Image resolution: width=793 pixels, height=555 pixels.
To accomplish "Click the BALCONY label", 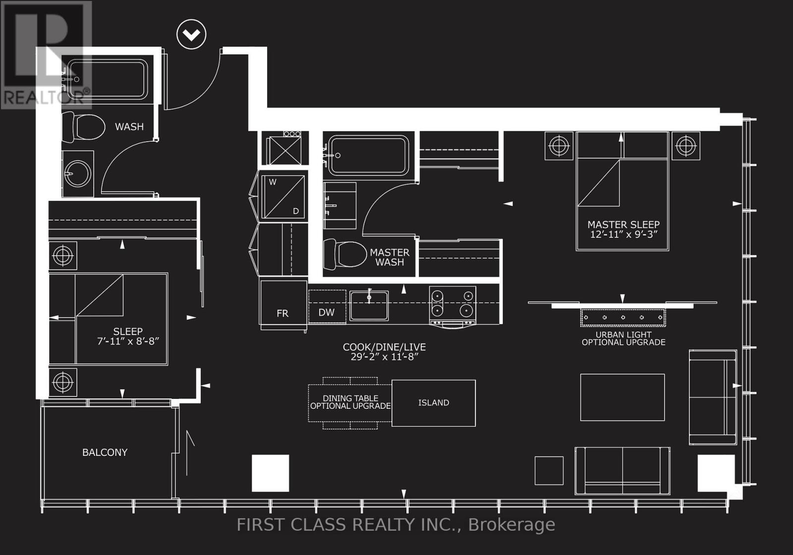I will [105, 452].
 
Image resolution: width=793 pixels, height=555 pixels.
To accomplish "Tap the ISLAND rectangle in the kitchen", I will [434, 403].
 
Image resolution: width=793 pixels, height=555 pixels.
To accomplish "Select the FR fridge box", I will [283, 305].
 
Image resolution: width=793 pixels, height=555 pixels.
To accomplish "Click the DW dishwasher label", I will [326, 312].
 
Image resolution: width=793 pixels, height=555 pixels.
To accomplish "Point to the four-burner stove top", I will [452, 304].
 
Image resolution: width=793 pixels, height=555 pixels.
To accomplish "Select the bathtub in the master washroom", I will [369, 155].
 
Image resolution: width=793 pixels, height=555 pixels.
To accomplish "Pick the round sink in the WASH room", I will [77, 174].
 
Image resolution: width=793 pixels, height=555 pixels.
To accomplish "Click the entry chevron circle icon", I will [191, 34].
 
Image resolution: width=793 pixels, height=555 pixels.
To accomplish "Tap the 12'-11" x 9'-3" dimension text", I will [623, 234].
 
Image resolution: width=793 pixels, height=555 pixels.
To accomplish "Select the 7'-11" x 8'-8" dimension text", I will [128, 341].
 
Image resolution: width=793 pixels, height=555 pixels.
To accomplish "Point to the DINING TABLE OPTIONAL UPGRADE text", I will [350, 402].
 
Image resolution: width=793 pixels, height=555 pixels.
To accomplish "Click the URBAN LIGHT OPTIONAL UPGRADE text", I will [623, 338].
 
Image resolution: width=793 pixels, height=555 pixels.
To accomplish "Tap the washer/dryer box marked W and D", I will [283, 197].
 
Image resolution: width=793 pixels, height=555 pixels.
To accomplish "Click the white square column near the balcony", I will [270, 473].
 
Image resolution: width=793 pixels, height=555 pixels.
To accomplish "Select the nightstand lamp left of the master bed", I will [559, 146].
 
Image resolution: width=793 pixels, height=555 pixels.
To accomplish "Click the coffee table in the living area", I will [622, 397].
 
